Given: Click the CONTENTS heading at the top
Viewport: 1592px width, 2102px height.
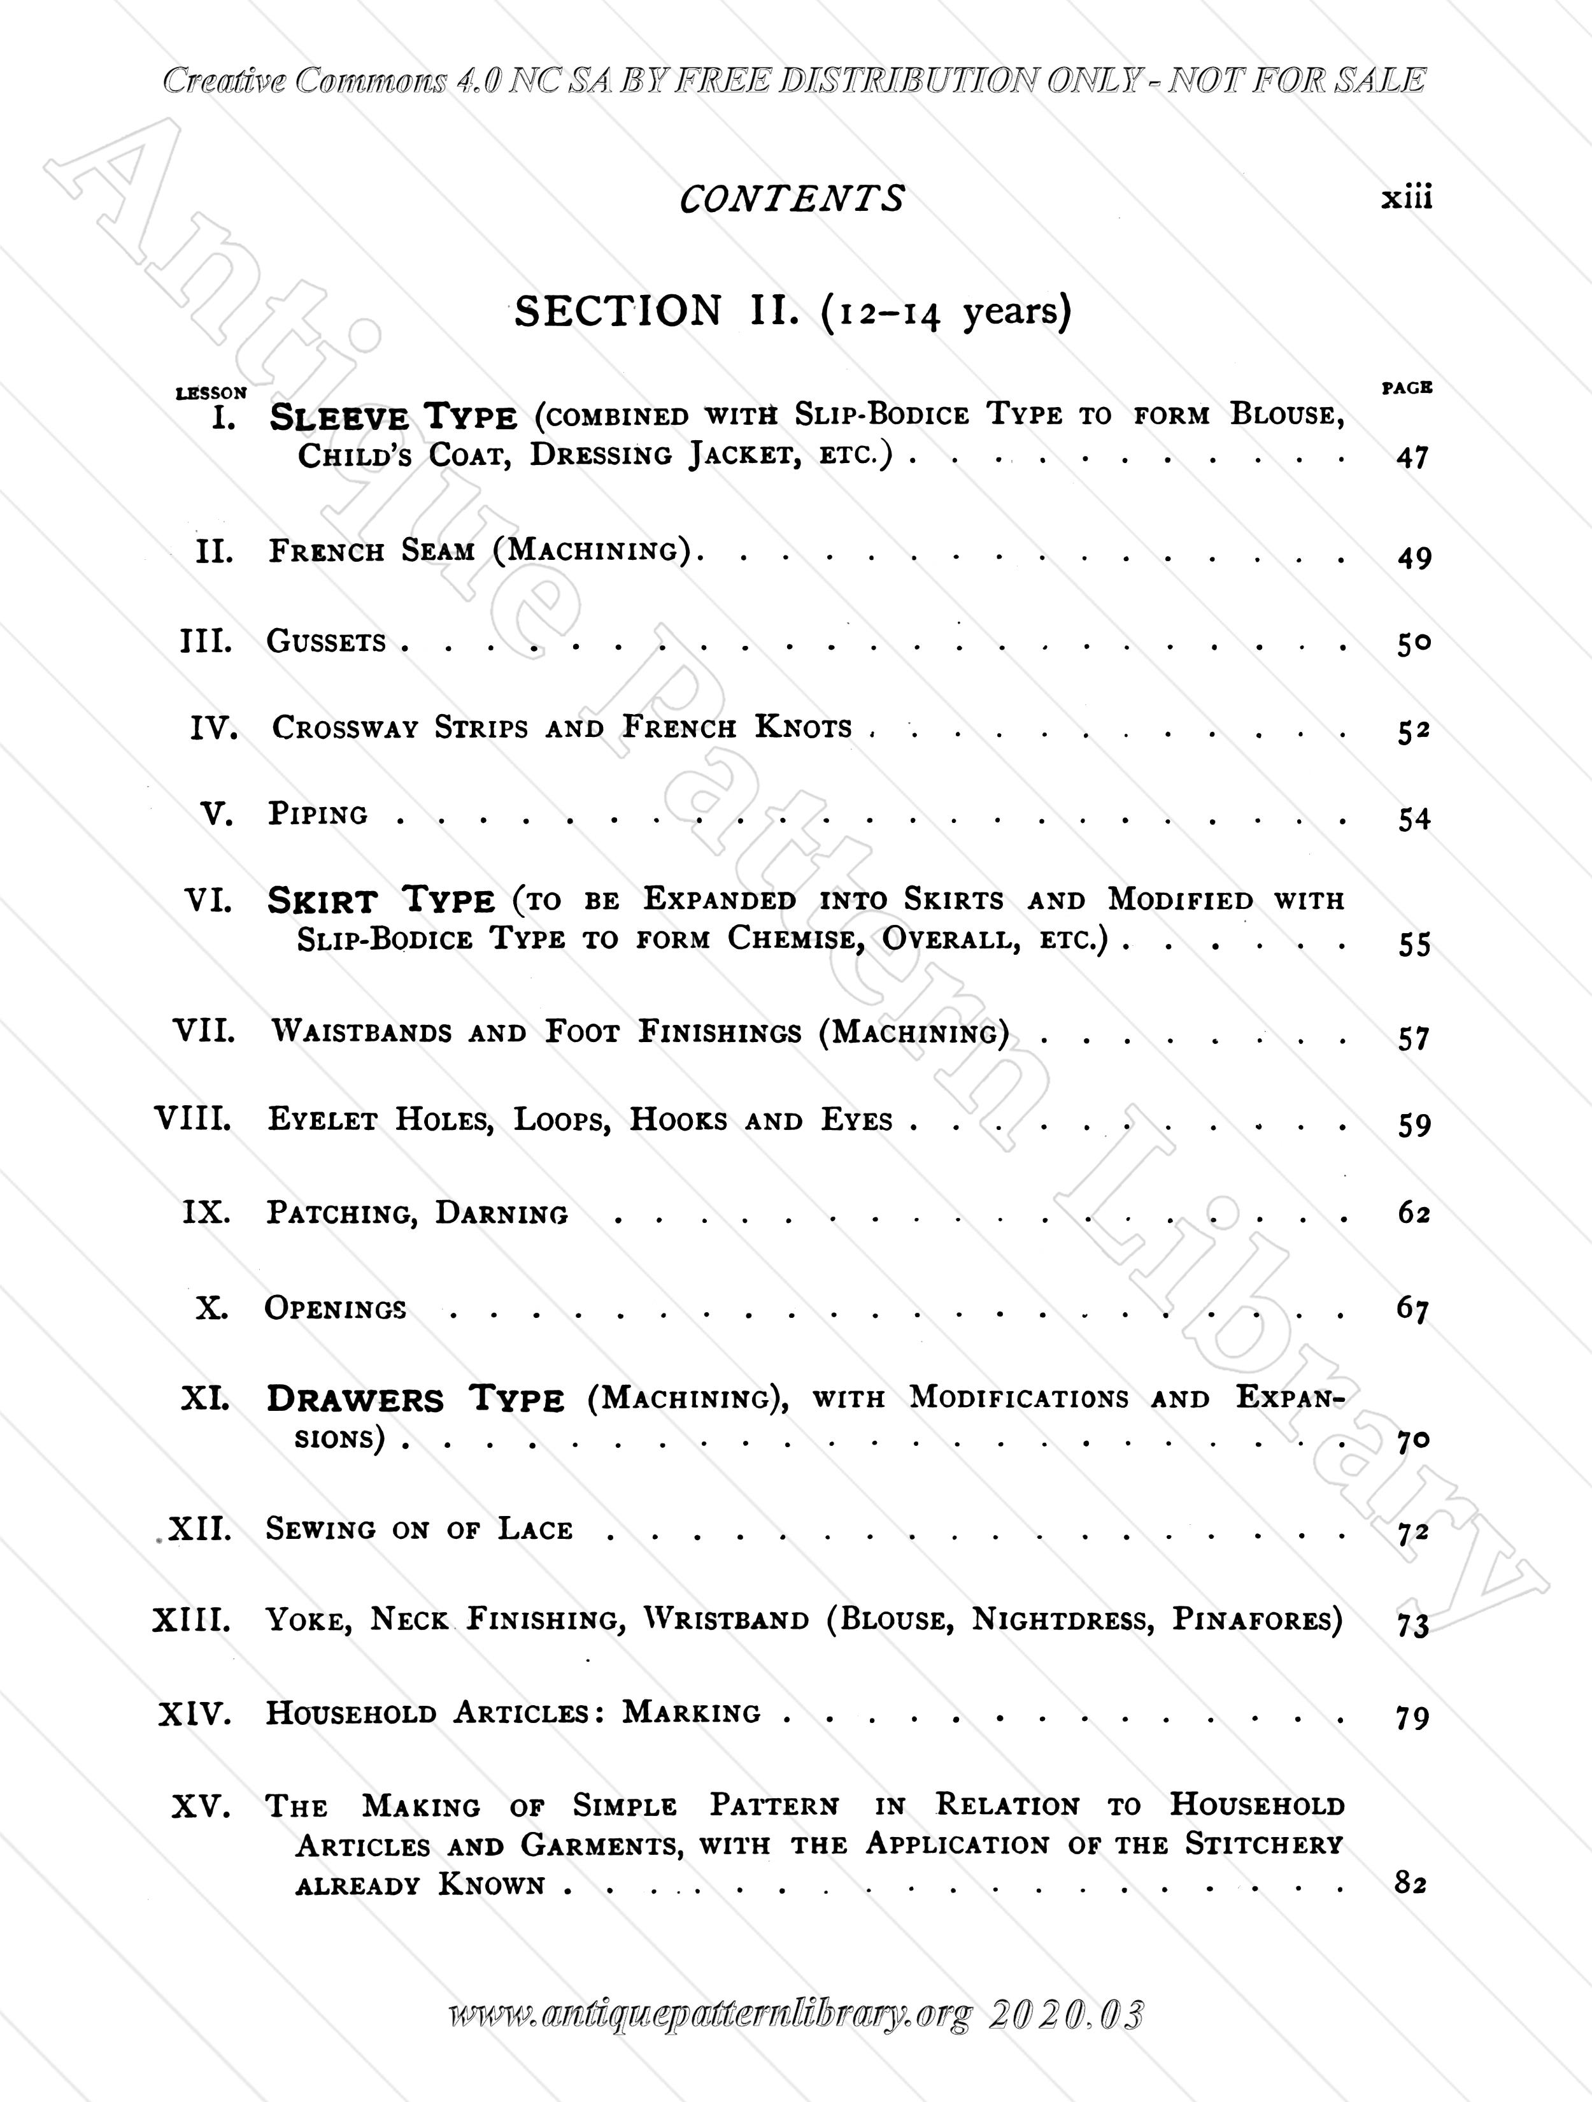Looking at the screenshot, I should [x=792, y=199].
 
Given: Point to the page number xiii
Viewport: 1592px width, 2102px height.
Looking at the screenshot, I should [x=1406, y=199].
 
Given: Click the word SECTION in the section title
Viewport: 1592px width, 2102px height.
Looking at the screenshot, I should [x=618, y=311].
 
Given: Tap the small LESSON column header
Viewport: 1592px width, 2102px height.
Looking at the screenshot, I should [x=211, y=392].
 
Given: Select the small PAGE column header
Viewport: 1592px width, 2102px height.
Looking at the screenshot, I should [x=1407, y=388].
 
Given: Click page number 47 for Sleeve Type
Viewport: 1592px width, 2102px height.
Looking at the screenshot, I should [x=1412, y=458].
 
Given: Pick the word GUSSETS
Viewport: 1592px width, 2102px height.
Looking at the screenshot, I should [x=326, y=641].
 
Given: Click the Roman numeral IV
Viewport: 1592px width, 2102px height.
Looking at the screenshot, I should [x=213, y=728].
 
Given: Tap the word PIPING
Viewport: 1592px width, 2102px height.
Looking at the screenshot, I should [x=317, y=815].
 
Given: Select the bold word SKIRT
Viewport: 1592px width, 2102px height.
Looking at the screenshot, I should [x=323, y=900].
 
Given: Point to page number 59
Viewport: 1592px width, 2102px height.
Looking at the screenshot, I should [x=1414, y=1125].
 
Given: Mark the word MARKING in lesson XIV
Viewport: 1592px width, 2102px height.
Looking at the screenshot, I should [x=692, y=1712].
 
